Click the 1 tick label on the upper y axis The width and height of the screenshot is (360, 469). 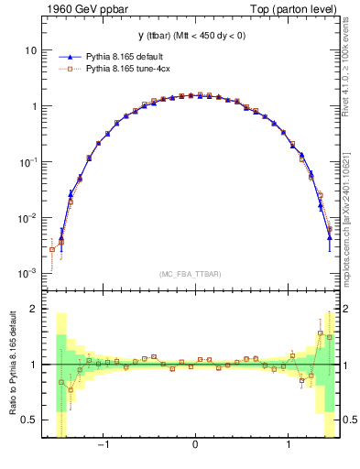pos(34,105)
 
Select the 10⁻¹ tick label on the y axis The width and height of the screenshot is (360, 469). pos(28,161)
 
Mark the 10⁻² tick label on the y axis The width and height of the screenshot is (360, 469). pos(28,217)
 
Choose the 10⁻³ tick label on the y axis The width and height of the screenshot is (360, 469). pos(28,273)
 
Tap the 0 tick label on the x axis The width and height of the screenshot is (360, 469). pos(195,446)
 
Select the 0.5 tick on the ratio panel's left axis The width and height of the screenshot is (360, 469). pos(30,420)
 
